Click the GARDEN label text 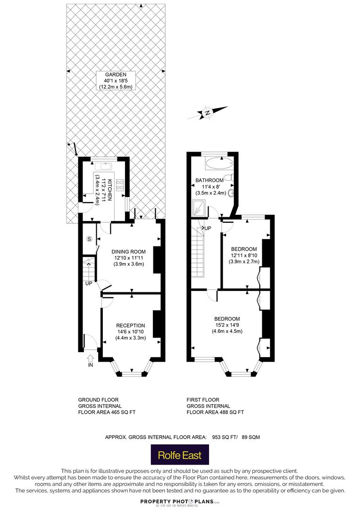click(116, 75)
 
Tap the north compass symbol click(208, 112)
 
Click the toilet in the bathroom click(230, 178)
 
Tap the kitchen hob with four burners click(120, 185)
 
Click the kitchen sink click(105, 167)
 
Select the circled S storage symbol click(90, 239)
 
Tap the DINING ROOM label click(129, 252)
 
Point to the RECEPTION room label click(131, 325)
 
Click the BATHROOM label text click(209, 180)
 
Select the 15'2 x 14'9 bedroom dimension click(227, 325)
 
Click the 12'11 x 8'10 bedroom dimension click(244, 255)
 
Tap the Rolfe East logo click(180, 455)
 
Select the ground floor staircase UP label click(89, 284)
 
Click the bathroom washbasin click(231, 193)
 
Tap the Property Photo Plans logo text click(177, 502)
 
